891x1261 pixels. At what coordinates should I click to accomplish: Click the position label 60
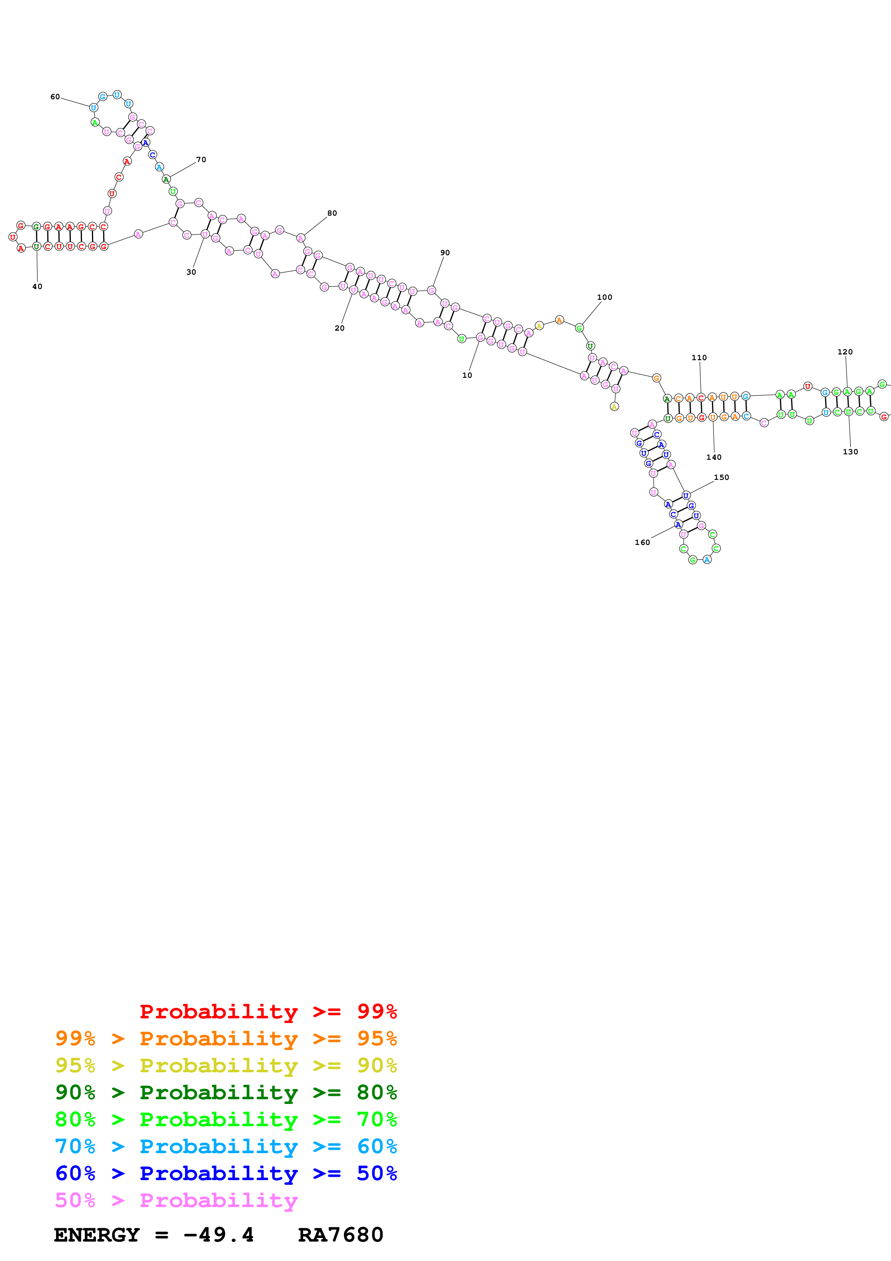coord(55,97)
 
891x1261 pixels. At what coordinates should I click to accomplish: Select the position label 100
coord(605,297)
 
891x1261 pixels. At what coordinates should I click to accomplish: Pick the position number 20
coord(340,328)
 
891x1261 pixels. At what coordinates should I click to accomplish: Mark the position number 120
coord(845,352)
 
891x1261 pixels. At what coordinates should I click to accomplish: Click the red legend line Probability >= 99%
coord(268,1011)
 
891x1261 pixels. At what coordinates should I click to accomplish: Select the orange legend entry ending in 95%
coord(226,1038)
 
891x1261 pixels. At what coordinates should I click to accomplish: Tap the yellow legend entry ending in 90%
coord(226,1065)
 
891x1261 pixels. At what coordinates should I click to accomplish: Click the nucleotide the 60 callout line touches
coord(93,107)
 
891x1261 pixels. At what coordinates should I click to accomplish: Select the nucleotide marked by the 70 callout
coord(166,179)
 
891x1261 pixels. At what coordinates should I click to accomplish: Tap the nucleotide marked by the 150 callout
coord(686,495)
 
